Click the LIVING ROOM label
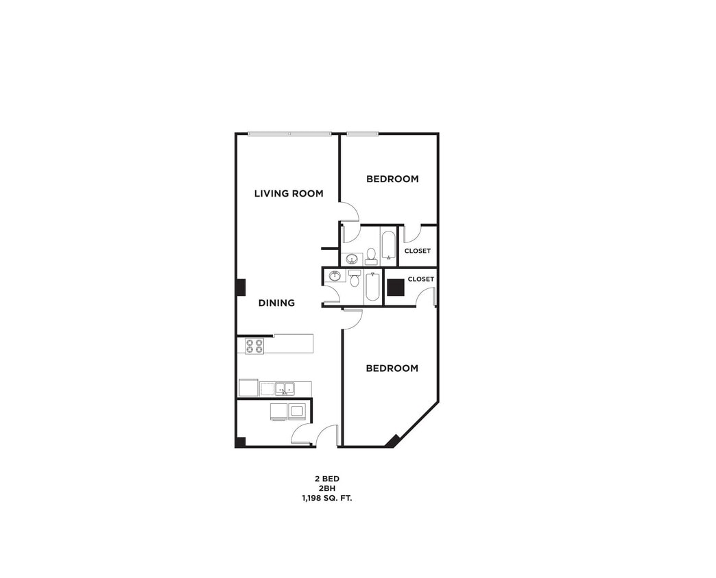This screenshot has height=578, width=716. click(289, 194)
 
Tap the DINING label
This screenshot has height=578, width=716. click(276, 303)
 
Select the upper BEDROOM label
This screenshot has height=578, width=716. click(392, 179)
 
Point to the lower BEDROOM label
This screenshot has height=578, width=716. click(392, 368)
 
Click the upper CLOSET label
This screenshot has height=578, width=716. click(418, 251)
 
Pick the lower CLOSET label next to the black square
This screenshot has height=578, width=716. click(420, 279)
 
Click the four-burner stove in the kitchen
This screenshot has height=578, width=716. click(254, 346)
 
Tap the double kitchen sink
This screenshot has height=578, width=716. click(285, 389)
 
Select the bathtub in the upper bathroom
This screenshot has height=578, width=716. click(389, 245)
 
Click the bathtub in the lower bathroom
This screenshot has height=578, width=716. click(372, 287)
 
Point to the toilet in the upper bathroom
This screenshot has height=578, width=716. click(371, 257)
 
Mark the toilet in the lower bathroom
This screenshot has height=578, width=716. click(355, 278)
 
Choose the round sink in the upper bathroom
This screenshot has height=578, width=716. click(352, 259)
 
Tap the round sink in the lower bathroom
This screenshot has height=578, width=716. click(335, 276)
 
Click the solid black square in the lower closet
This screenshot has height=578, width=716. click(396, 287)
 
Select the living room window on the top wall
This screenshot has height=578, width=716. click(289, 134)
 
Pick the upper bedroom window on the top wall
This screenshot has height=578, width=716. click(362, 134)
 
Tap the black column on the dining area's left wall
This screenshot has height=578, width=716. click(241, 287)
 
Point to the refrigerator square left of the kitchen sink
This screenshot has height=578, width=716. click(248, 388)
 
